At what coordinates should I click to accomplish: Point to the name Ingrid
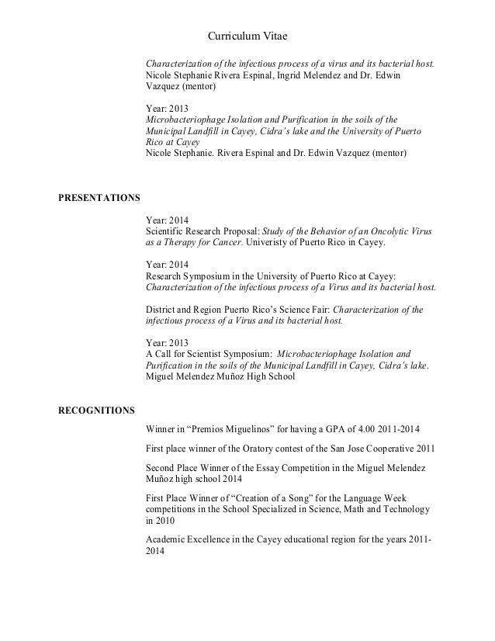tap(292, 76)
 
